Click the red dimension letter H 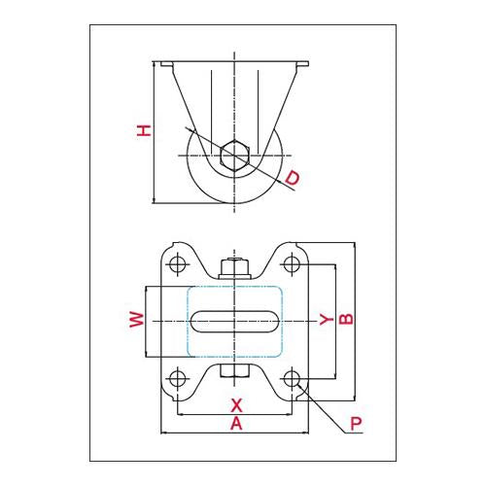tap(144, 130)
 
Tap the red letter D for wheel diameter tap(293, 178)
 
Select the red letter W tap(137, 320)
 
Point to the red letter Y tap(327, 320)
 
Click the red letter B tap(346, 319)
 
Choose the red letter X tap(236, 405)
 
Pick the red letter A tap(236, 424)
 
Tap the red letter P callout tap(356, 423)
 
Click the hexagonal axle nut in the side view tap(234, 156)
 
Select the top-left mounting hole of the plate tap(178, 263)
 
